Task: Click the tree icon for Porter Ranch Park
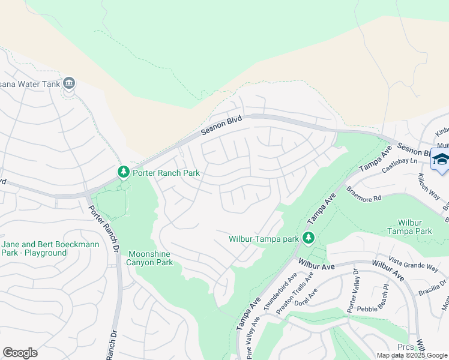[124, 173]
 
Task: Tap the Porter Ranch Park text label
[166, 173]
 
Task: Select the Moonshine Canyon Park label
[150, 258]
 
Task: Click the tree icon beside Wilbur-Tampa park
[309, 239]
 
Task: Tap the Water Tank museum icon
[68, 83]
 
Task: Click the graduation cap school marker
[440, 161]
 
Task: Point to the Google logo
[20, 353]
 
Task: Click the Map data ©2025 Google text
[412, 355]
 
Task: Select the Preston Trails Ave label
[295, 294]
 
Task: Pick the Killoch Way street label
[430, 187]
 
